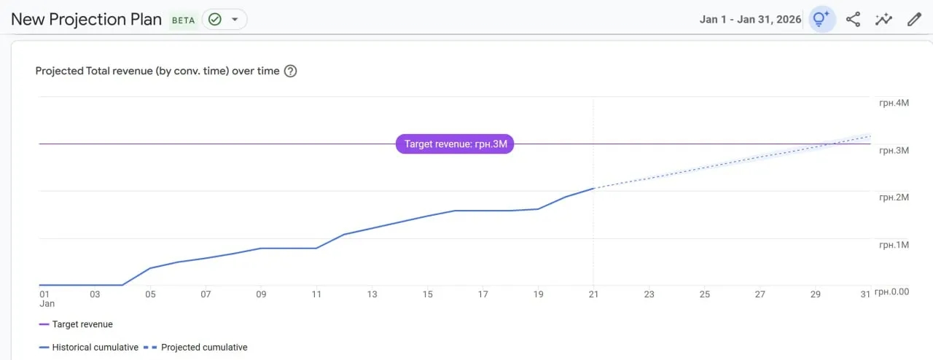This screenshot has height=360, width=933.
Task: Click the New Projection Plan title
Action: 86,20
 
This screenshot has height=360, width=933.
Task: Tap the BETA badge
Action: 183,20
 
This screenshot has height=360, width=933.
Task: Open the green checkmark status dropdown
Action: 224,20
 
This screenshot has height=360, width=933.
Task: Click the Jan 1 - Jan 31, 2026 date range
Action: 750,20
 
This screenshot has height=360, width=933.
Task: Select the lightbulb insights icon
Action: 821,20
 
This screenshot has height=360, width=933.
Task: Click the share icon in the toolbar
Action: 853,20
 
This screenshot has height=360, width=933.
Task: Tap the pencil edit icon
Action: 914,20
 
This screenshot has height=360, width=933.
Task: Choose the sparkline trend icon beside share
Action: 883,20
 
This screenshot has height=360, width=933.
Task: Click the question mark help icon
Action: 291,71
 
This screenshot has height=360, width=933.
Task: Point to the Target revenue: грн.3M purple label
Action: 455,144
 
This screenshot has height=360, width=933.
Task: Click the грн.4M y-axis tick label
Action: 894,103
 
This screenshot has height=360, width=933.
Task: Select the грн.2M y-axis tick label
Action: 894,197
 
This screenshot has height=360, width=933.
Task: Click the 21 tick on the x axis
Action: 593,294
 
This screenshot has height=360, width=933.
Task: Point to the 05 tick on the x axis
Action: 150,294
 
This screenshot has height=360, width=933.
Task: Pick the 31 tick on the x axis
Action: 865,294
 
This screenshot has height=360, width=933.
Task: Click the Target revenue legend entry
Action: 82,324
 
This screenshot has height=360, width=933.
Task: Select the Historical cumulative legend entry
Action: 95,348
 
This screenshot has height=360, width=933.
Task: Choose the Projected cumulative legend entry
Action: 204,348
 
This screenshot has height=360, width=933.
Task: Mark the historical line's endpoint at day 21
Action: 593,189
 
